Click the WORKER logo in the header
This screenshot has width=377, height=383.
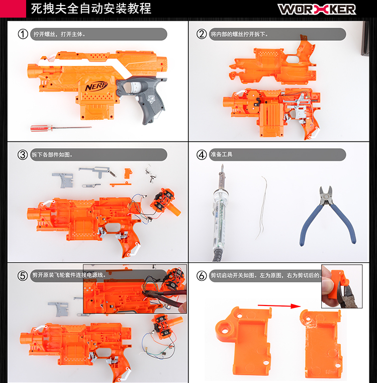(317, 9)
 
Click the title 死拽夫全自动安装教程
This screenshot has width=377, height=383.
(91, 9)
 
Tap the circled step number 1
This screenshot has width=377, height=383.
(23, 34)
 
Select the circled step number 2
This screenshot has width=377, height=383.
(202, 34)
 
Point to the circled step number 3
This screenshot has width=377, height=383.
(23, 155)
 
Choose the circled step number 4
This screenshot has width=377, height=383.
(202, 155)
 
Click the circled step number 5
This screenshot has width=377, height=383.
(23, 275)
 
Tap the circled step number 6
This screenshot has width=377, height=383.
(202, 275)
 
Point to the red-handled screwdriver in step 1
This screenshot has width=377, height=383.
(60, 128)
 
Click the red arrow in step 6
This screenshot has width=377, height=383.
(276, 304)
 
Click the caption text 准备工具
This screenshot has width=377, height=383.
(221, 155)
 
